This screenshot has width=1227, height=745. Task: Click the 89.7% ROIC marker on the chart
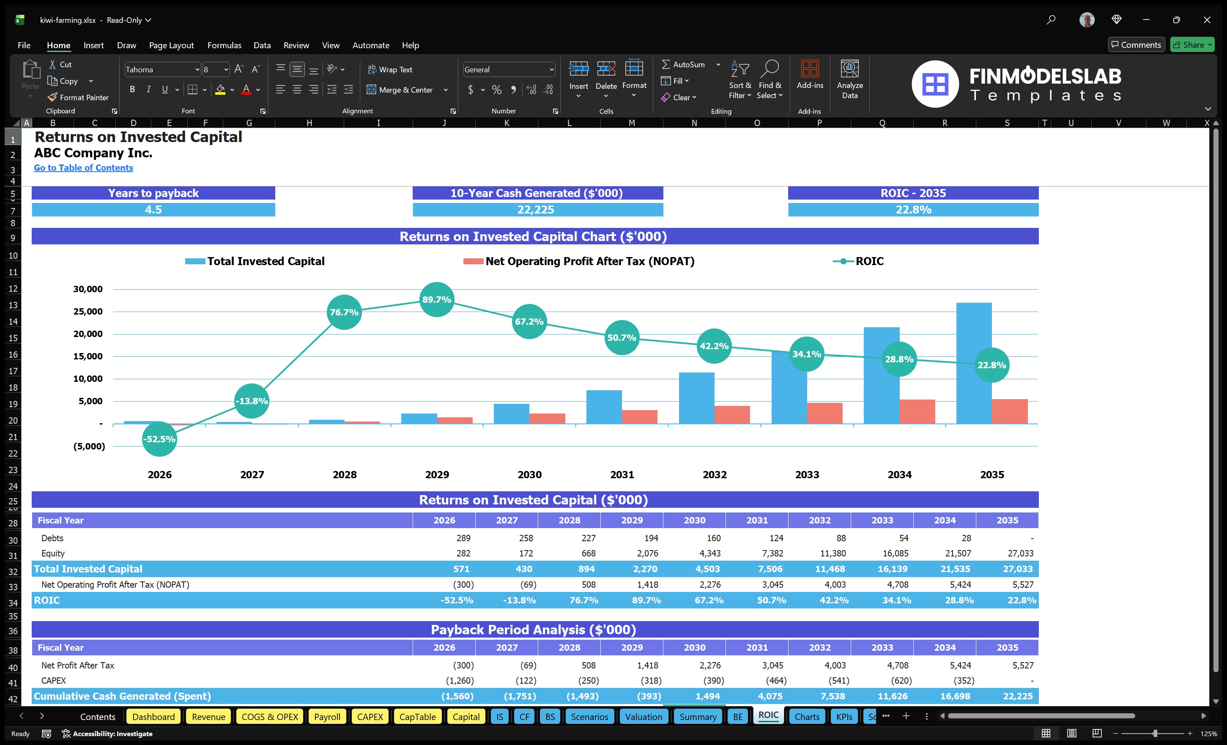(437, 299)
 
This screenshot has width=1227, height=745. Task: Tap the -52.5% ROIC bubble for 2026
(159, 439)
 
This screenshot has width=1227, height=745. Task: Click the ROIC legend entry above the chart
(868, 261)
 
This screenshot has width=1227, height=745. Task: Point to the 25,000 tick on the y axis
(88, 311)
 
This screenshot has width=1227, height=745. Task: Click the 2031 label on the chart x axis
(622, 474)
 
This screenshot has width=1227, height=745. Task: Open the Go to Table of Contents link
(83, 168)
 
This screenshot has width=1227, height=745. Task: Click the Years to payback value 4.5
(153, 210)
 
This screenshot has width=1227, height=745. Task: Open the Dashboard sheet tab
(153, 717)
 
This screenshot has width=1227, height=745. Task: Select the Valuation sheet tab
(644, 717)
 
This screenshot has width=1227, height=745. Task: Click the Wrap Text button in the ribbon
(390, 70)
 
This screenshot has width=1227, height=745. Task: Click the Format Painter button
(78, 98)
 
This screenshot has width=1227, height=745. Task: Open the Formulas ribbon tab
(224, 45)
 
